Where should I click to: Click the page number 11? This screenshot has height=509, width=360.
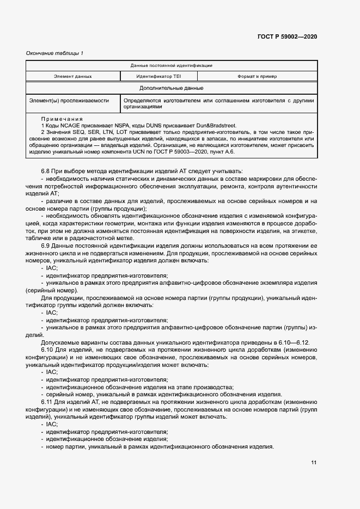pyautogui.click(x=314, y=463)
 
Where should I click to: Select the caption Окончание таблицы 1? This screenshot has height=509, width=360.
pyautogui.click(x=54, y=53)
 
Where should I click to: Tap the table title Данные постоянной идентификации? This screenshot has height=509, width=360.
pyautogui.click(x=172, y=65)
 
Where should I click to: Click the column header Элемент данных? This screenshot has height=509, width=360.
pyautogui.click(x=72, y=76)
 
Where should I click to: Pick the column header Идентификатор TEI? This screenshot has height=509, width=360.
pyautogui.click(x=154, y=76)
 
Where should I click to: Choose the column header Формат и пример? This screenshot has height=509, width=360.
pyautogui.click(x=257, y=76)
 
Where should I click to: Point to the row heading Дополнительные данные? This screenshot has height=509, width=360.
pyautogui.click(x=172, y=88)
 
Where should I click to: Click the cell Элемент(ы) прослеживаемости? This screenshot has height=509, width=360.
pyautogui.click(x=69, y=101)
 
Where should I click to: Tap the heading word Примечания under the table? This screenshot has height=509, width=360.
pyautogui.click(x=62, y=119)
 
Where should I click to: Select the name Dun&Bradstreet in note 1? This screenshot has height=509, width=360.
pyautogui.click(x=217, y=126)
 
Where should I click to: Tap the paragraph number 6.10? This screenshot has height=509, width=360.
pyautogui.click(x=48, y=349)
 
